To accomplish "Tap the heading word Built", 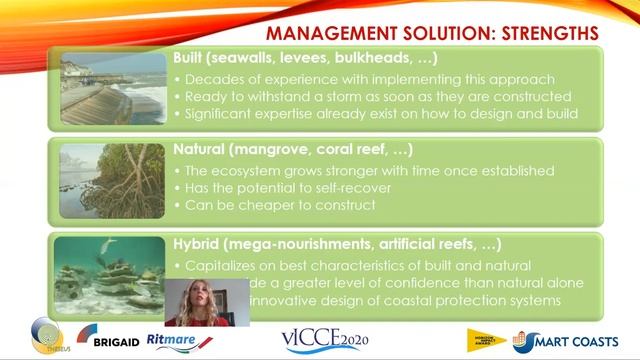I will [191, 62].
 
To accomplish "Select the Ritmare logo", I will [175, 339].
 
